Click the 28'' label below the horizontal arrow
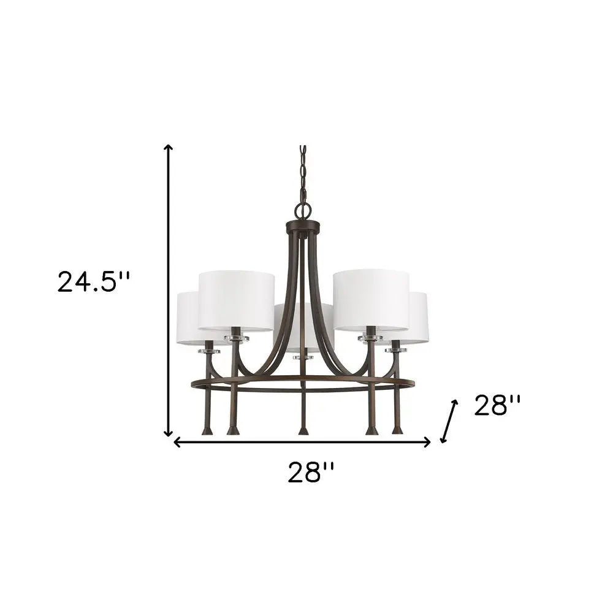point(311,473)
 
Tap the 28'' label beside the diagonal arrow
point(497,405)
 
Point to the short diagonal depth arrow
point(449,421)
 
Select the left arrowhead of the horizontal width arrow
point(177,443)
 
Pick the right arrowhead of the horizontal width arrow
point(428,443)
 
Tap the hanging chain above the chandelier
point(302,175)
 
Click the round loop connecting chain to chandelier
point(302,210)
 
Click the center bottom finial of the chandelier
point(302,430)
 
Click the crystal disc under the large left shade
point(236,337)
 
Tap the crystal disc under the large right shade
point(370,337)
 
